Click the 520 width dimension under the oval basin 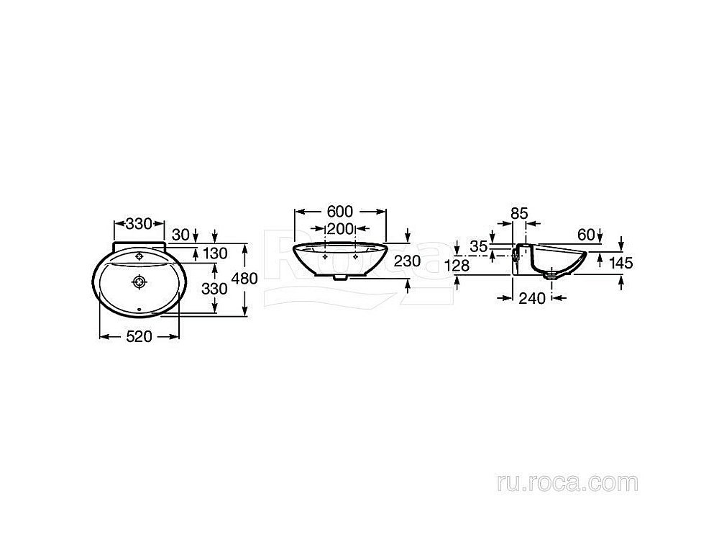139,337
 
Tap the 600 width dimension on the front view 339,212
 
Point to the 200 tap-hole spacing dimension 340,229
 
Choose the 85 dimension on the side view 519,213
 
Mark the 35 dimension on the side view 478,246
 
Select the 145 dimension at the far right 620,263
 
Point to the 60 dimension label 585,233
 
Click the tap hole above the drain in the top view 139,255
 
